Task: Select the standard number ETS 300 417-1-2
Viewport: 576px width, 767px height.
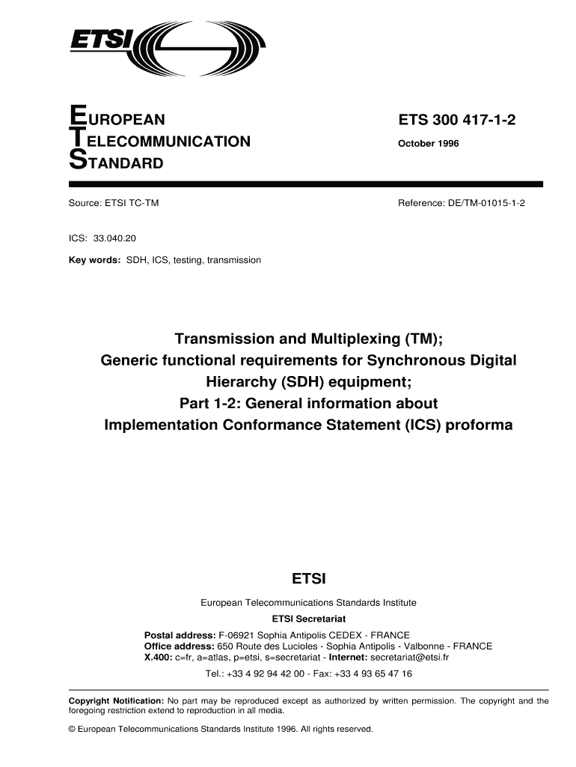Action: coord(458,120)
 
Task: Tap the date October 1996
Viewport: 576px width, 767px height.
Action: coord(429,142)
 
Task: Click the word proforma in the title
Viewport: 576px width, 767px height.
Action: coord(483,425)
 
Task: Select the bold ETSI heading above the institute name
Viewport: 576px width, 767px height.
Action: coord(308,579)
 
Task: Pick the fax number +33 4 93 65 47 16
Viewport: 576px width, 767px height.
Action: coord(373,673)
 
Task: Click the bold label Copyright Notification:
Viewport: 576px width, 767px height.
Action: coord(117,701)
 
